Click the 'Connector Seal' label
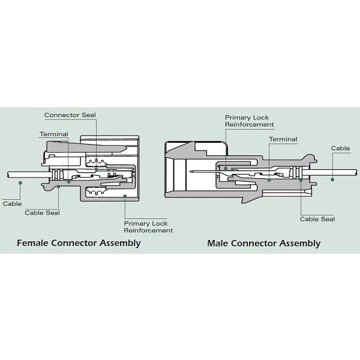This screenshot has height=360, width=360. pyautogui.click(x=70, y=115)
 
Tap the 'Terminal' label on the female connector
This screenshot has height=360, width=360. pyautogui.click(x=54, y=134)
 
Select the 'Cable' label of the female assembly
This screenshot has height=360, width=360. pyautogui.click(x=12, y=204)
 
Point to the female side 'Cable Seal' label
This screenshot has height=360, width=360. pyautogui.click(x=42, y=212)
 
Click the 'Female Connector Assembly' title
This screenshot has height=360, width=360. pyautogui.click(x=79, y=243)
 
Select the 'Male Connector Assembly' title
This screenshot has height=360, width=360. pyautogui.click(x=263, y=243)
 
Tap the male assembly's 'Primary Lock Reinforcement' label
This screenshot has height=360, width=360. pyautogui.click(x=249, y=121)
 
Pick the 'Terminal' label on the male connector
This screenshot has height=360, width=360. pyautogui.click(x=283, y=139)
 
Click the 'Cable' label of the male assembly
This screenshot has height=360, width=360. pyautogui.click(x=340, y=148)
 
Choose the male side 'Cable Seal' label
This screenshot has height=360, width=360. pyautogui.click(x=317, y=219)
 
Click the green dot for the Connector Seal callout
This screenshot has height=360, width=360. pyautogui.click(x=96, y=170)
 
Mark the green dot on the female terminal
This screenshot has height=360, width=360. pyautogui.click(x=69, y=181)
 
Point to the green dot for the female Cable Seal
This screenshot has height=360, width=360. pyautogui.click(x=59, y=187)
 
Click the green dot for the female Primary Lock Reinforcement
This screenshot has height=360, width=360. pyautogui.click(x=125, y=196)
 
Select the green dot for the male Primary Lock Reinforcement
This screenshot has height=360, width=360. pyautogui.click(x=226, y=168)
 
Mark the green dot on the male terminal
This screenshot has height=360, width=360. pyautogui.click(x=269, y=179)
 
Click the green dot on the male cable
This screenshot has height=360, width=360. pyautogui.click(x=332, y=179)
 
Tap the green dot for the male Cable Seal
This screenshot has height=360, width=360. pyautogui.click(x=301, y=180)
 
